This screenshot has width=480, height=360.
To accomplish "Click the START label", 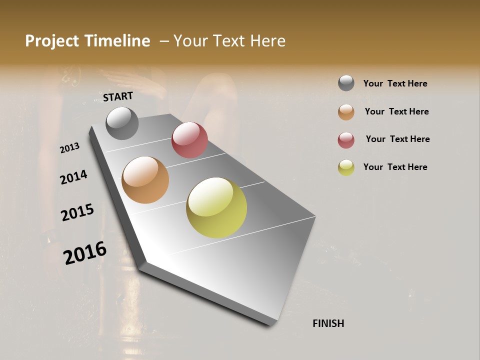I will coord(118,96).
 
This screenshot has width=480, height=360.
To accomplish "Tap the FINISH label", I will coord(328,323).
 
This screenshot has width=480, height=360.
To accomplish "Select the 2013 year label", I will coord(70,147).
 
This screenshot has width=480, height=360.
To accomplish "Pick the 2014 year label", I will coord(74,177).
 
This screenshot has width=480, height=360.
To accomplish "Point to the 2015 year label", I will coord(77,212).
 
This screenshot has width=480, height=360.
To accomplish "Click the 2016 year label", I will coord(85,252).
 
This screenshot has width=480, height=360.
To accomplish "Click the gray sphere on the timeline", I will coord(122,123).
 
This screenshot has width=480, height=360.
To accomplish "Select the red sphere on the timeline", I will coord(189,139).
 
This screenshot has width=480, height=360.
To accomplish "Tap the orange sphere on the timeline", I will coord(145,180).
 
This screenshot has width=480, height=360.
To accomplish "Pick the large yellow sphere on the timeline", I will coord(216,207).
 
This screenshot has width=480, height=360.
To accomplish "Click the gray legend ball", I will coord(346,83).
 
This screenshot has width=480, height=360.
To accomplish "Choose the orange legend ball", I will coord(346,112).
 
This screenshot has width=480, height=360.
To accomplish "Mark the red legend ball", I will coord(346,140).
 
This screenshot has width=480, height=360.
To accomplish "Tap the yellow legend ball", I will coord(346,167).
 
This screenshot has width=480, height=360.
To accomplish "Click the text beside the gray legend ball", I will coord(395,83).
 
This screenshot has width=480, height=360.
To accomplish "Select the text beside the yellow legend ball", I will coord(395,167).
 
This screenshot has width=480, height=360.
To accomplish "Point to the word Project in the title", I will coord(51,41).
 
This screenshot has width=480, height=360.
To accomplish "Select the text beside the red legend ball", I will coord(397,139).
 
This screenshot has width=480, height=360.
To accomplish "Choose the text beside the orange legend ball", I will coord(396,111).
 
